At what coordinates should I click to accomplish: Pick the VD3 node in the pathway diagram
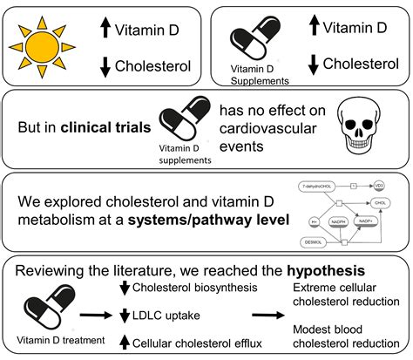pyautogui.click(x=379, y=186)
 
